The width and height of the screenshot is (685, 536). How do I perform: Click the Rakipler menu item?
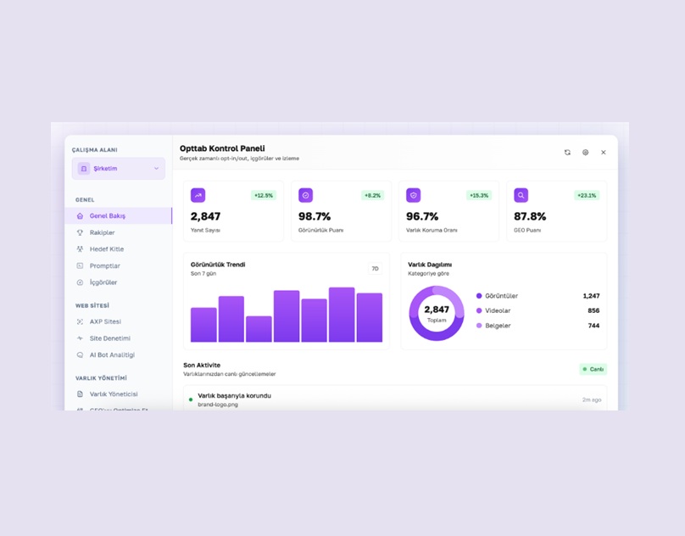pyautogui.click(x=102, y=232)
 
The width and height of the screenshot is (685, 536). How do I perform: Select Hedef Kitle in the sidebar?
pyautogui.click(x=106, y=249)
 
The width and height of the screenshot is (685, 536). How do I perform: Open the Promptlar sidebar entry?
pyautogui.click(x=104, y=265)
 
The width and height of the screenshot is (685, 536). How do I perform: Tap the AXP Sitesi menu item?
pyautogui.click(x=105, y=321)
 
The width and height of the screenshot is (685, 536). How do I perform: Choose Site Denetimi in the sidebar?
pyautogui.click(x=109, y=338)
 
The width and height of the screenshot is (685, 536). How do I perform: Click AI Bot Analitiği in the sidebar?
pyautogui.click(x=112, y=355)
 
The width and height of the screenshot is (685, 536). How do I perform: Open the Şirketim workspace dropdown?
pyautogui.click(x=119, y=169)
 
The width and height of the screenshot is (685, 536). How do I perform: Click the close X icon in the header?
pyautogui.click(x=604, y=153)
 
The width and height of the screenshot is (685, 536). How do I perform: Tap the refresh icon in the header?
pyautogui.click(x=567, y=153)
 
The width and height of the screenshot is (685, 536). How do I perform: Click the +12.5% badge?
pyautogui.click(x=264, y=196)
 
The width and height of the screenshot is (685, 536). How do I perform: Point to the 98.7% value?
pyautogui.click(x=315, y=216)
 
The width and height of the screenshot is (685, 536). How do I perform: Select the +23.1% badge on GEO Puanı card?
pyautogui.click(x=587, y=196)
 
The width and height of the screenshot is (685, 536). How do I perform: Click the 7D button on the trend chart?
pyautogui.click(x=375, y=269)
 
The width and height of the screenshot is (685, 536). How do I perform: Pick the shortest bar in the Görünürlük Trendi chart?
pyautogui.click(x=259, y=329)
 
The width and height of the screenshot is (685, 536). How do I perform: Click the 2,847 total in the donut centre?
pyautogui.click(x=437, y=310)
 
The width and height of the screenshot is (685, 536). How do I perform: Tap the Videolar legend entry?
pyautogui.click(x=498, y=310)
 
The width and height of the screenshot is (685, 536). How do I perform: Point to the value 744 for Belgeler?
pyautogui.click(x=593, y=326)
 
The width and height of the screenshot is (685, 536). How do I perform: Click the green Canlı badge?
pyautogui.click(x=593, y=370)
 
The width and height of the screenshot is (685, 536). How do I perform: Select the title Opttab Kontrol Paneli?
pyautogui.click(x=222, y=148)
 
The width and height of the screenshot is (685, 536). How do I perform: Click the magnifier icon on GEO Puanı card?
pyautogui.click(x=521, y=195)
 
